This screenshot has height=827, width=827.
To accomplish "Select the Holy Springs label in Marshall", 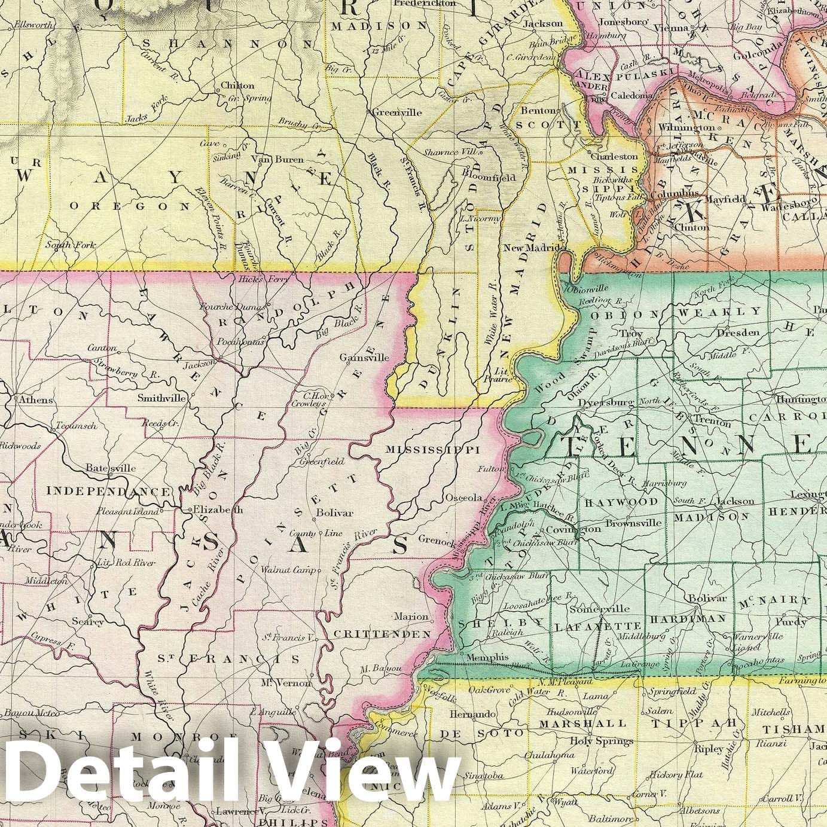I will click(x=601, y=741).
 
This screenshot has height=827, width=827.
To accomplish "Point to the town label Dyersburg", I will click(x=606, y=402).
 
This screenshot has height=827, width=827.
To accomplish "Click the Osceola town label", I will click(x=463, y=498).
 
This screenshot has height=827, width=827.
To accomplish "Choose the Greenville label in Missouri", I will click(x=397, y=112).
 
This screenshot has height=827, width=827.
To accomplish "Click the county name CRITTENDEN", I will click(x=383, y=633).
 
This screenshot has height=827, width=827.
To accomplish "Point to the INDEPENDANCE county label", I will click(x=108, y=491).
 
